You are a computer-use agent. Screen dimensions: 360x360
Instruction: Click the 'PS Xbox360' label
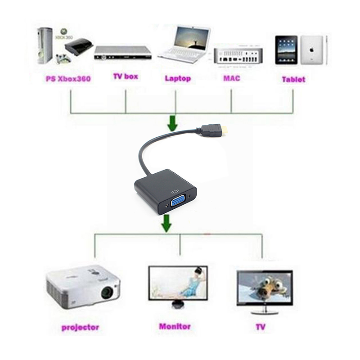[68, 79]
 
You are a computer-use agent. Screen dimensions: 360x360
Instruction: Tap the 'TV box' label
[125, 76]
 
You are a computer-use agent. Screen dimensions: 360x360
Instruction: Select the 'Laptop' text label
[177, 78]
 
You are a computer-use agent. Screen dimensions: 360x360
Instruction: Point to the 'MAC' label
[231, 78]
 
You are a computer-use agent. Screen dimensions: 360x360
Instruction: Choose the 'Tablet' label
[293, 80]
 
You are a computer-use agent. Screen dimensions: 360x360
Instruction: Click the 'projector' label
[80, 327]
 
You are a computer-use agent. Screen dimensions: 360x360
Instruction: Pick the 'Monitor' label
[175, 326]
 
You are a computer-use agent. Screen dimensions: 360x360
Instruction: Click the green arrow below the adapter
[167, 223]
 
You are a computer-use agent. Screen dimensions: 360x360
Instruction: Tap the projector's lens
[107, 292]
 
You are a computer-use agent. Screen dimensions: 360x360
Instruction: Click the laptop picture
[184, 45]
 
